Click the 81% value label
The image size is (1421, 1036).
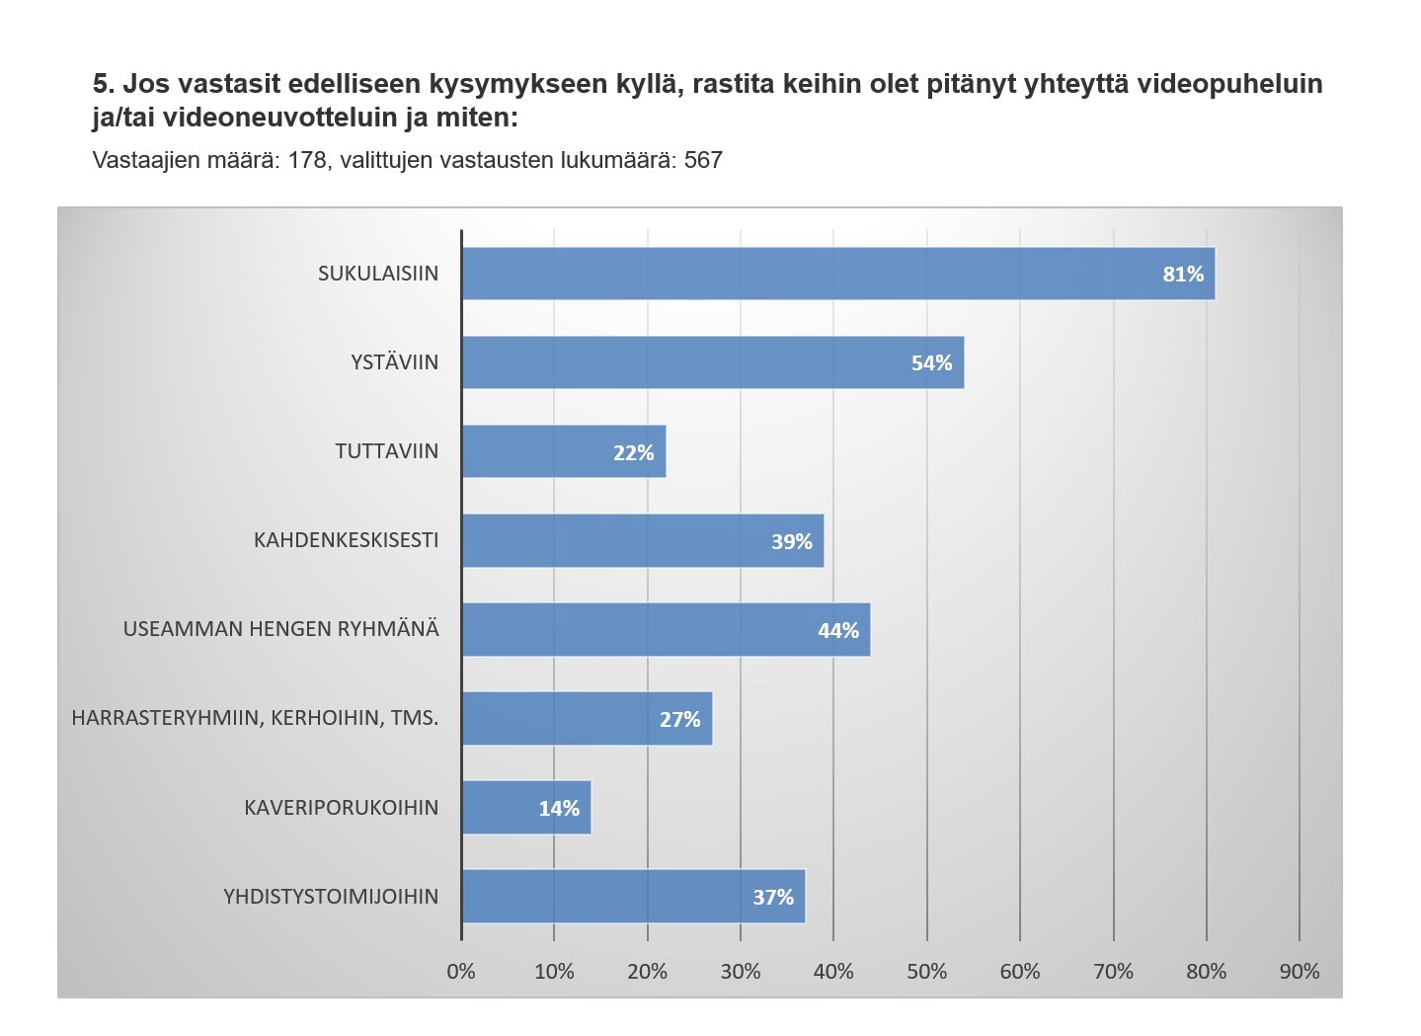point(1183,275)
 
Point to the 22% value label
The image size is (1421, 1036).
point(633,452)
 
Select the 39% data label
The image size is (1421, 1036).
point(791,541)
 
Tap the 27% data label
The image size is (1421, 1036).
point(679,719)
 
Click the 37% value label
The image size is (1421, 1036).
point(773,897)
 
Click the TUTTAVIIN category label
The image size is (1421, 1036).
point(386,451)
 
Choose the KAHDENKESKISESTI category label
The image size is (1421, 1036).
point(346,540)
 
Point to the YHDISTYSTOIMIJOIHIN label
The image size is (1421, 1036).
point(331,897)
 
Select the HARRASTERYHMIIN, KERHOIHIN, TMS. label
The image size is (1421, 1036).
point(255,718)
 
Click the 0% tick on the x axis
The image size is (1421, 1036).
point(461,972)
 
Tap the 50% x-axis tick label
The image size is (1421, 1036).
point(926,972)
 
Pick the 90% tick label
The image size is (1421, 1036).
point(1299,972)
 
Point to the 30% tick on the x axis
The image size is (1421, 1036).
point(741,972)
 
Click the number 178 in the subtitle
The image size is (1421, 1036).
point(306,160)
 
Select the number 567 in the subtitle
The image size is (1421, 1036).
point(703,160)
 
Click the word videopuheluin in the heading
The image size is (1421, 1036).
point(1229,84)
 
